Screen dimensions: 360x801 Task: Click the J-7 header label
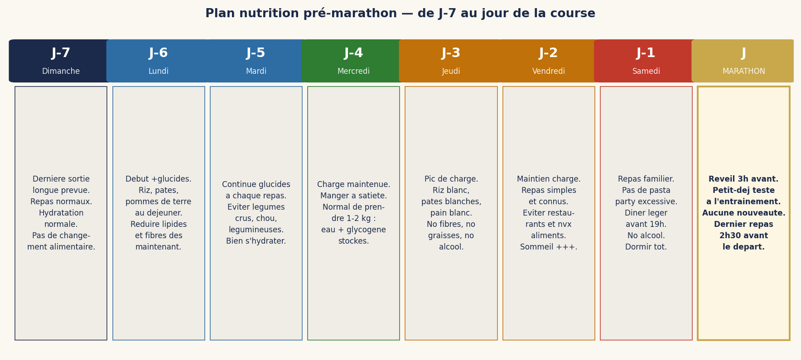pyautogui.click(x=61, y=53)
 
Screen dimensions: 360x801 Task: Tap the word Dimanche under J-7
pyautogui.click(x=61, y=72)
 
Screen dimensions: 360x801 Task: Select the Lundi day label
pyautogui.click(x=159, y=72)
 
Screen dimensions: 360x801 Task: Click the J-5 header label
pyautogui.click(x=256, y=53)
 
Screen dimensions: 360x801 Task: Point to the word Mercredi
pyautogui.click(x=353, y=72)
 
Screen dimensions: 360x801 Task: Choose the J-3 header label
pyautogui.click(x=451, y=53)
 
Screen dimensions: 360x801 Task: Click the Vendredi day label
pyautogui.click(x=549, y=72)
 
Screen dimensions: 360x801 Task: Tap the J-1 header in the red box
pyautogui.click(x=646, y=53)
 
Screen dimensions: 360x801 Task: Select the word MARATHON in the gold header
pyautogui.click(x=743, y=72)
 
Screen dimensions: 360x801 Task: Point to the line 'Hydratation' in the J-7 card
pyautogui.click(x=61, y=213)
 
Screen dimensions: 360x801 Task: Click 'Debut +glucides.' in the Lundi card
pyautogui.click(x=159, y=179)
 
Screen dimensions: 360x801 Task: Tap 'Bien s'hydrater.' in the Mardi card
pyautogui.click(x=256, y=241)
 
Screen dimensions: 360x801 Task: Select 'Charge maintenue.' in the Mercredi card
pyautogui.click(x=353, y=185)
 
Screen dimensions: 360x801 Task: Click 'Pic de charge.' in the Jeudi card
pyautogui.click(x=451, y=179)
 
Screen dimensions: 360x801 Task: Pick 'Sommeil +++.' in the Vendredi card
pyautogui.click(x=549, y=247)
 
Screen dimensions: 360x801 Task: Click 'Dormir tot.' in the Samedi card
pyautogui.click(x=646, y=247)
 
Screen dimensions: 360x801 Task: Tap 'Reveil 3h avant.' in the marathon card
pyautogui.click(x=743, y=179)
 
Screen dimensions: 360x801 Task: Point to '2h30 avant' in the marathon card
pyautogui.click(x=743, y=236)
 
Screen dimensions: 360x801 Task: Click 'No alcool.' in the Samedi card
pyautogui.click(x=646, y=236)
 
